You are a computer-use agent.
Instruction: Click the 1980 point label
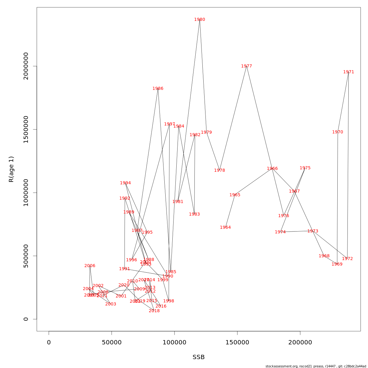pyautogui.click(x=200, y=20)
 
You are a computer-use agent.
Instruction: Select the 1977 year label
pyautogui.click(x=247, y=66)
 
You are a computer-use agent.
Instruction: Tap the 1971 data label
pyautogui.click(x=349, y=72)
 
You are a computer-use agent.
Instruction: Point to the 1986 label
pyautogui.click(x=158, y=89)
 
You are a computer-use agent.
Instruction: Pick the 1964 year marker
pyautogui.click(x=225, y=228)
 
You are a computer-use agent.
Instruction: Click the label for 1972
pyautogui.click(x=347, y=259)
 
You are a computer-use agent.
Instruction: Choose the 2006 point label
pyautogui.click(x=90, y=266)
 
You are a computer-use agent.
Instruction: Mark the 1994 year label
pyautogui.click(x=125, y=183)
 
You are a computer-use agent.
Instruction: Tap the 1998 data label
pyautogui.click(x=169, y=301)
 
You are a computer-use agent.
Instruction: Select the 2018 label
pyautogui.click(x=154, y=311)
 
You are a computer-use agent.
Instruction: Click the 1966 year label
pyautogui.click(x=272, y=169)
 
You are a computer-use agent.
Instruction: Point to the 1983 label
pyautogui.click(x=194, y=214)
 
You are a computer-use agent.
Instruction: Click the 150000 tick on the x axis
pyautogui.click(x=237, y=343)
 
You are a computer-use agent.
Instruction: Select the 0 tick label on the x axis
pyautogui.click(x=49, y=343)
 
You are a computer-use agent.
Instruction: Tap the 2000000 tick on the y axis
pyautogui.click(x=26, y=66)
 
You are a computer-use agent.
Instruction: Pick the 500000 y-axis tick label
pyautogui.click(x=26, y=256)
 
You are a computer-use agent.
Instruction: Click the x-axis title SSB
pyautogui.click(x=198, y=357)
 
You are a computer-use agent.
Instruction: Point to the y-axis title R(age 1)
pyautogui.click(x=11, y=169)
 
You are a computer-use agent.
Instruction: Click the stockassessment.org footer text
pyautogui.click(x=316, y=366)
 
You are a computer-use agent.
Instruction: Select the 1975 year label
pyautogui.click(x=305, y=168)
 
